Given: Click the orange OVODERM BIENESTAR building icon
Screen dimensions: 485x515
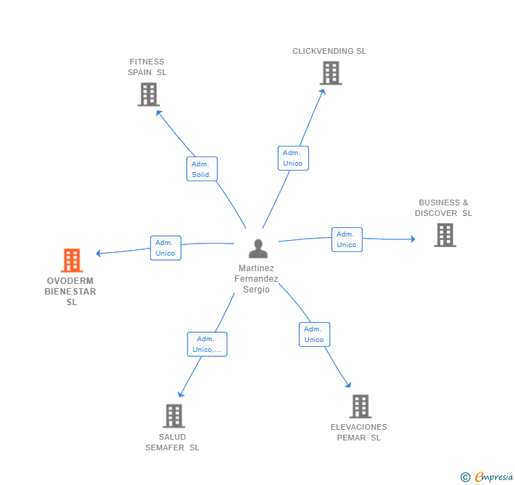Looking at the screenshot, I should [71, 261].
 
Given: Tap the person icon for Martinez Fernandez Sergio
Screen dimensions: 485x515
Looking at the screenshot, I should [258, 249].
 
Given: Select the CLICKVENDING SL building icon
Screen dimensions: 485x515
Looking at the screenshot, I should [330, 73].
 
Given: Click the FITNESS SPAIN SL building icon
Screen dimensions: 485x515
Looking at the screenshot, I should [148, 94].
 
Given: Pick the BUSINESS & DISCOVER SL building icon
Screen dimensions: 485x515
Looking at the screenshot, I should [444, 235].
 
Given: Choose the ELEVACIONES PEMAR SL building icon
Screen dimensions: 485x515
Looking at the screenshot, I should [360, 406].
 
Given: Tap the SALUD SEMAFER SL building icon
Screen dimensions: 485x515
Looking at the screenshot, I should [173, 416].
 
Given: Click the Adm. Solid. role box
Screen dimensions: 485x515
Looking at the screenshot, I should [202, 169].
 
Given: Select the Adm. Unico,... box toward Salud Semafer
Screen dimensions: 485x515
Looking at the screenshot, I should [207, 344].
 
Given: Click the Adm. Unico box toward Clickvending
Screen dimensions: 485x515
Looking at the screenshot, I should [293, 158].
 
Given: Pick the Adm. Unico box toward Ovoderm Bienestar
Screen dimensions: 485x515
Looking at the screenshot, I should [166, 248].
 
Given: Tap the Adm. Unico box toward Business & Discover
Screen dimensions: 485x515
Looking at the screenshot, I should [347, 239].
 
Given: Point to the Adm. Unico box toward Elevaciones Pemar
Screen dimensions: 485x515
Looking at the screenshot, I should [314, 334].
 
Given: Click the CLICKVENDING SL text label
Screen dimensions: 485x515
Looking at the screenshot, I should [329, 51].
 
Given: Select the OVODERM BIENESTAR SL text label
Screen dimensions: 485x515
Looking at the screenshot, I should [71, 291].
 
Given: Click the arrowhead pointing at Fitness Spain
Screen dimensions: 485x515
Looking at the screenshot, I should [158, 112].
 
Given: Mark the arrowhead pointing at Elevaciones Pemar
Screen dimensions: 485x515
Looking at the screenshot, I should [348, 385].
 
